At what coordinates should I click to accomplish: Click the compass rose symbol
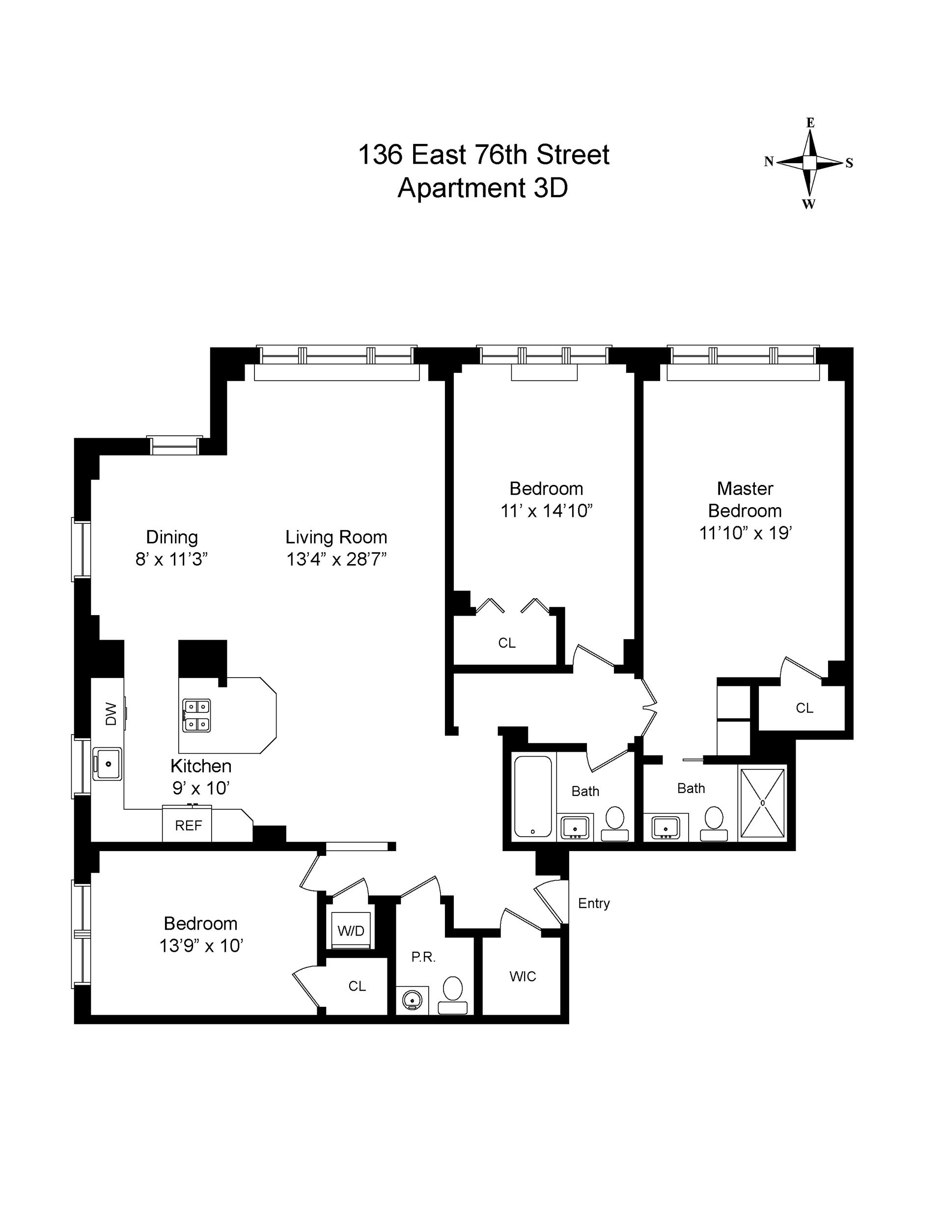(809, 163)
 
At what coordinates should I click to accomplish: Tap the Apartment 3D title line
(482, 188)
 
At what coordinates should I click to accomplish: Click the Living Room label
(336, 537)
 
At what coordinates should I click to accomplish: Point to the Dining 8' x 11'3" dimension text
(171, 560)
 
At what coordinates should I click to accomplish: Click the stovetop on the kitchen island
(196, 715)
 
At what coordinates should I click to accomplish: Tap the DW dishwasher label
(111, 714)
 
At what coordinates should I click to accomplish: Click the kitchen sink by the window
(108, 764)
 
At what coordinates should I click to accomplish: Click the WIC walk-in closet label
(522, 977)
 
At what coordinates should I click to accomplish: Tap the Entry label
(594, 904)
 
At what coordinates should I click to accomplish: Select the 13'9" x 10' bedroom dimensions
(201, 946)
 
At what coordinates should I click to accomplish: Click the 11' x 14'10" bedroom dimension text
(546, 511)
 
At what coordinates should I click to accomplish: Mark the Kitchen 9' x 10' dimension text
(201, 788)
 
